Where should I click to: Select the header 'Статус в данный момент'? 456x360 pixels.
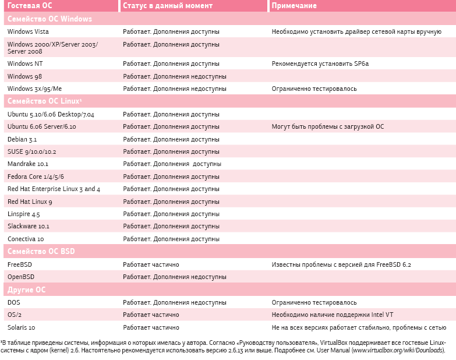(x=168, y=6)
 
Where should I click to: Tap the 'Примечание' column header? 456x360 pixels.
(x=294, y=6)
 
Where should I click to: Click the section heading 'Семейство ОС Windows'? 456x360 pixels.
(x=50, y=19)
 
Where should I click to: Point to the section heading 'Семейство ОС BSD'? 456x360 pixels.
(x=41, y=252)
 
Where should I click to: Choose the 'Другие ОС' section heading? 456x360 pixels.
(x=26, y=290)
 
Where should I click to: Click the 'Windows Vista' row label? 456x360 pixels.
(x=28, y=31)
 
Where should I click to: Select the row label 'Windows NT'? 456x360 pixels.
(x=25, y=63)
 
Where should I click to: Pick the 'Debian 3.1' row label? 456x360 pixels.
(x=22, y=139)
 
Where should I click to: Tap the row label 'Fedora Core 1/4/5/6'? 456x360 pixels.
(x=36, y=177)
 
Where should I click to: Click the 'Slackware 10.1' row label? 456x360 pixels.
(x=29, y=226)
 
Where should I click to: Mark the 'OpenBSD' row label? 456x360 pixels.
(x=21, y=277)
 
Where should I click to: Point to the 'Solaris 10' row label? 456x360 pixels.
(x=22, y=327)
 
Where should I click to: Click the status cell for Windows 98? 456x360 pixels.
(x=174, y=76)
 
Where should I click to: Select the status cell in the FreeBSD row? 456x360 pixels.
(x=151, y=264)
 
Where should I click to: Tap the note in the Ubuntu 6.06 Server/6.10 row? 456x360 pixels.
(x=328, y=126)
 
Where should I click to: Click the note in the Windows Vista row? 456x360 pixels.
(x=356, y=31)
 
